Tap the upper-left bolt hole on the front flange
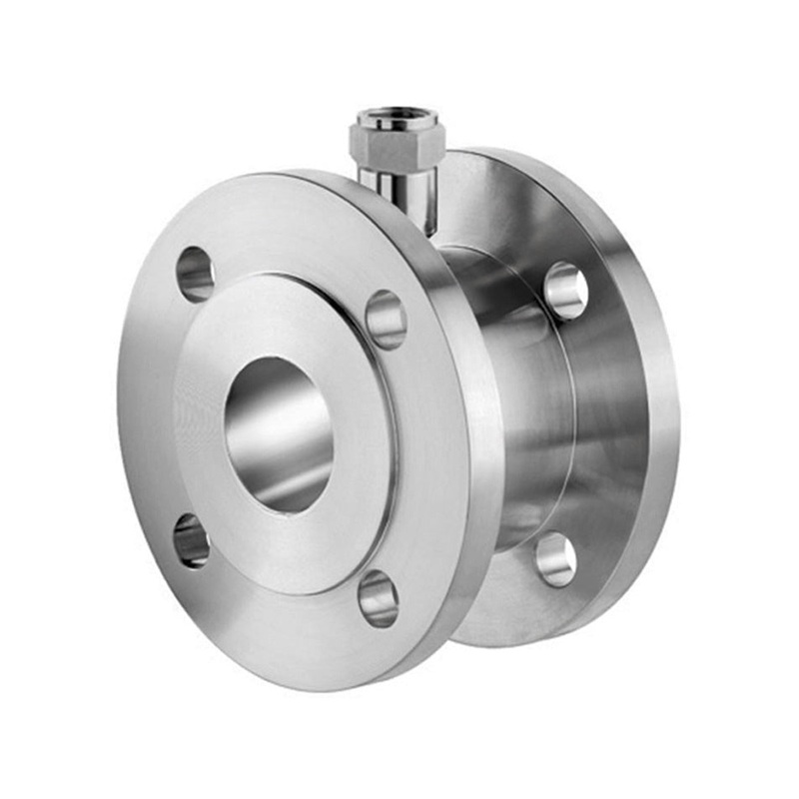coord(196,274)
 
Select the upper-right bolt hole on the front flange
coord(386,319)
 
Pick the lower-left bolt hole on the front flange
coord(192,540)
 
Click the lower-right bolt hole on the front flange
coord(379,597)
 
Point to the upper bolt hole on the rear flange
coord(565,291)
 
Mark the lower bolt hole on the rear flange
coord(555,558)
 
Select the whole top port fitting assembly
coord(397,165)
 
